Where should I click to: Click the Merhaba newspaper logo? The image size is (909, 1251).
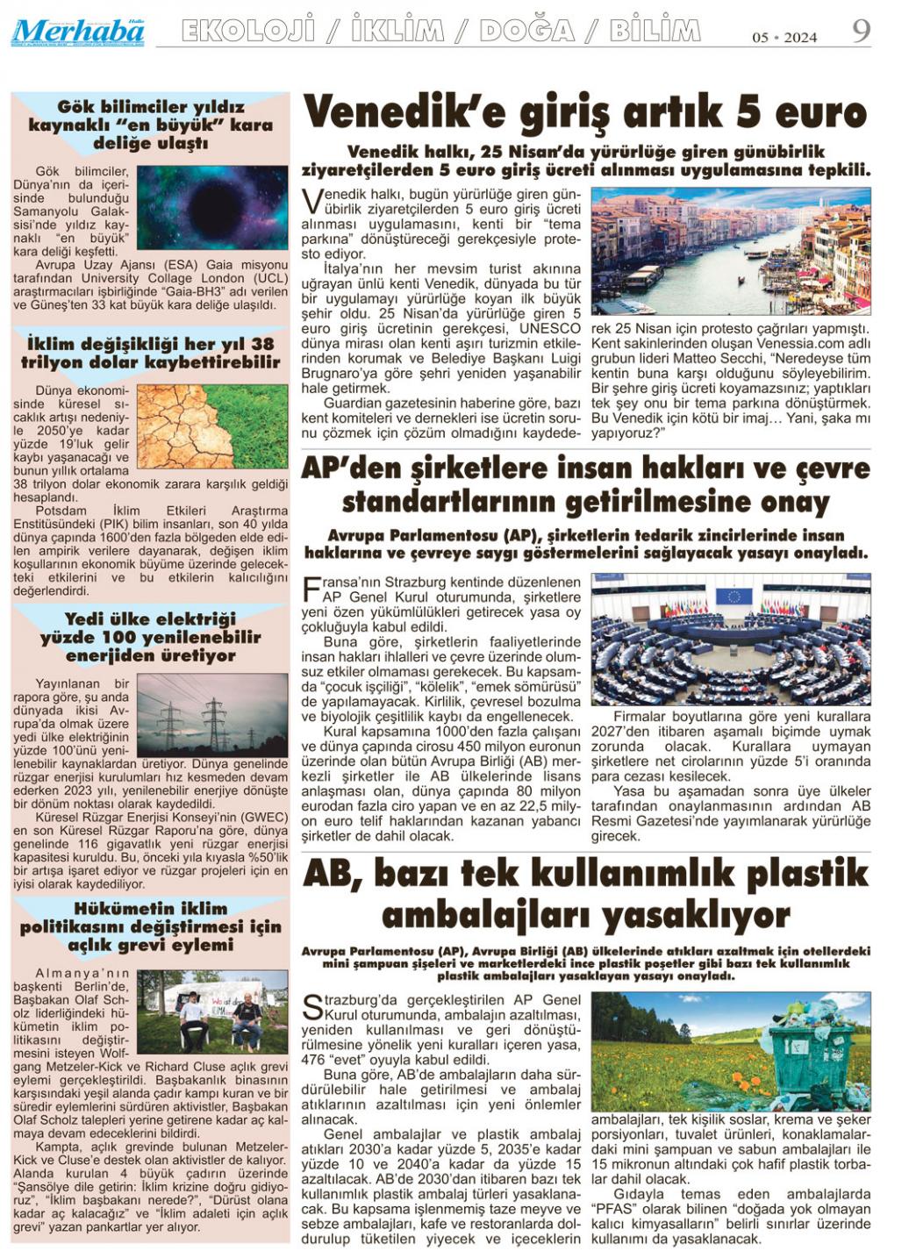click(78, 32)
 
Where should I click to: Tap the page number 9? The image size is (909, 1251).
click(861, 31)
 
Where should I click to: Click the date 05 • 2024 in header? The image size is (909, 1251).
click(784, 37)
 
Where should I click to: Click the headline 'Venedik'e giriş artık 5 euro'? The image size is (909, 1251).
click(585, 113)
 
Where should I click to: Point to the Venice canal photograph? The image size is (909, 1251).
click(731, 251)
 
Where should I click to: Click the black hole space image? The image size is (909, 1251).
click(212, 208)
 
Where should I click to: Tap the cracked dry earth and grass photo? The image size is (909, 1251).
click(212, 427)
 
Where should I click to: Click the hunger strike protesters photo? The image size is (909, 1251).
click(212, 1012)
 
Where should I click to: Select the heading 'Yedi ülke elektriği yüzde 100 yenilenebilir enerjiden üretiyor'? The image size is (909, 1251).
click(150, 638)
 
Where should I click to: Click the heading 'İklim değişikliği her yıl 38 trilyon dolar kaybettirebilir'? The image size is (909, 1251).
click(150, 353)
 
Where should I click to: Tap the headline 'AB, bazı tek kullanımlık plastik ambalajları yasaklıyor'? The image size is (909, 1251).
click(585, 894)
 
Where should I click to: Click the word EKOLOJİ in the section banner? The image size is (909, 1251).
click(247, 32)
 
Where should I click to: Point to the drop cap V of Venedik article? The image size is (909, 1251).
click(311, 202)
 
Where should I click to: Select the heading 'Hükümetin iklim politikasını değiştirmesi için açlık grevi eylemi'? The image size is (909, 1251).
click(150, 926)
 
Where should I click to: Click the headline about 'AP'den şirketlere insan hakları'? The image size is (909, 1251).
click(585, 485)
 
